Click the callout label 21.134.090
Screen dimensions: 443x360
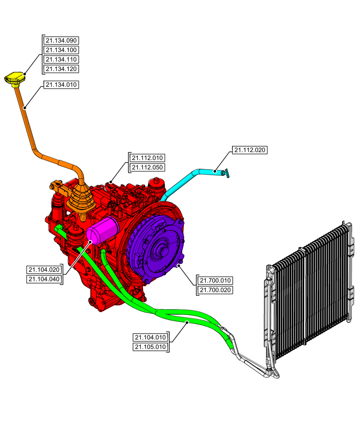(61, 40)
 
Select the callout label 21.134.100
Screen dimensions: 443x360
(61, 50)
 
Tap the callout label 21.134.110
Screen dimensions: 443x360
(61, 59)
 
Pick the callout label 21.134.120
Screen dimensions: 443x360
(61, 69)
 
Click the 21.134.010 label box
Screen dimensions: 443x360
(61, 84)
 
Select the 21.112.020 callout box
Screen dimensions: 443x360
(250, 150)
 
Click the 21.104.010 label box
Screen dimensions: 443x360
(151, 337)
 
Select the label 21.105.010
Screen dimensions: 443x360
(151, 346)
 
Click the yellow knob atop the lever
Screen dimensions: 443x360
(15, 78)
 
